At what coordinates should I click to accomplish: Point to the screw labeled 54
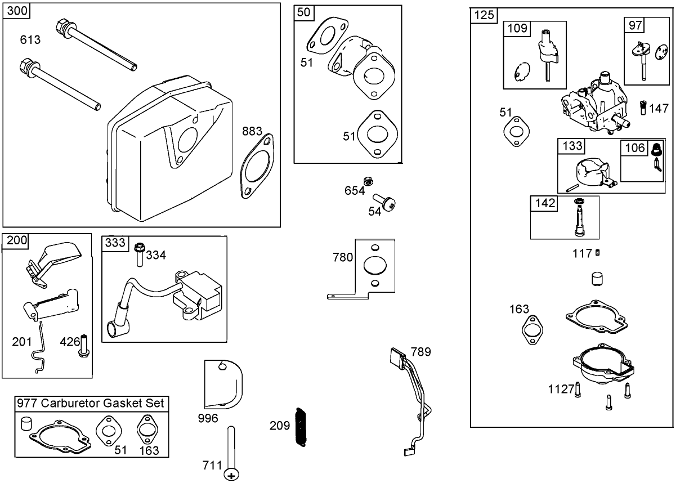pyautogui.click(x=387, y=206)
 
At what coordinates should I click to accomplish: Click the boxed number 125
pyautogui.click(x=484, y=15)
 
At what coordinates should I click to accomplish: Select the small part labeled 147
pyautogui.click(x=643, y=106)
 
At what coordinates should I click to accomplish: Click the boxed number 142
pyautogui.click(x=544, y=203)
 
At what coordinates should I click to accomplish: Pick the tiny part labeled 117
pyautogui.click(x=597, y=253)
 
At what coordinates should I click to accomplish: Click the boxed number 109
pyautogui.click(x=517, y=28)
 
